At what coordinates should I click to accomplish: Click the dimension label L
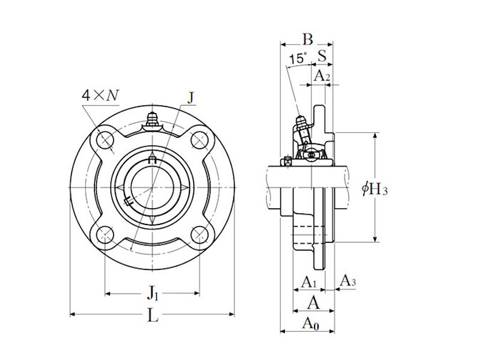click(x=153, y=315)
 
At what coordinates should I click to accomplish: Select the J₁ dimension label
click(x=153, y=294)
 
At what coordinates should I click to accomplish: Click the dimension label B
click(x=307, y=40)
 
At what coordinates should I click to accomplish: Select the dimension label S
click(x=322, y=57)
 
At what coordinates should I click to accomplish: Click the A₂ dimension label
click(x=323, y=76)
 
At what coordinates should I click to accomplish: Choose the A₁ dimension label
click(x=308, y=282)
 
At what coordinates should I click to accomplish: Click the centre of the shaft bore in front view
click(x=153, y=188)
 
